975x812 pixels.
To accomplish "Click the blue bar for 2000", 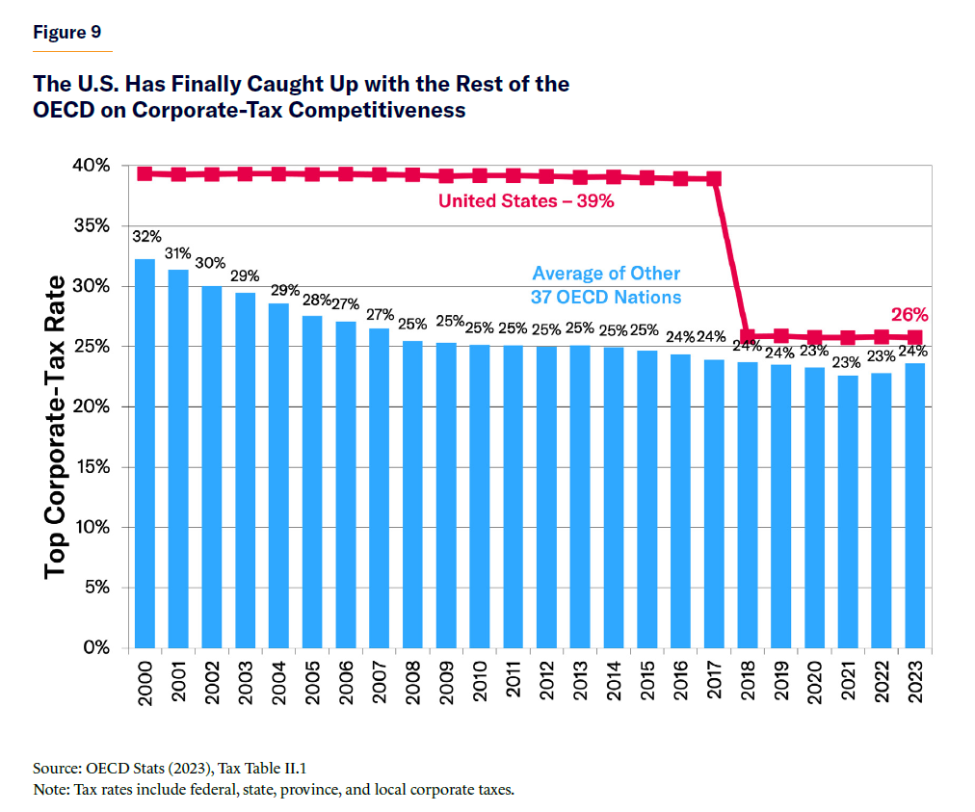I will click(145, 453).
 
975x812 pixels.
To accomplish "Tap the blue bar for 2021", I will click(848, 511).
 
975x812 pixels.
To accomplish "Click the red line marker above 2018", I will click(748, 336).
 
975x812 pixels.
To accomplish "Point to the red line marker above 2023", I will click(914, 337).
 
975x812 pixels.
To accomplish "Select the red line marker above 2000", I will click(145, 173).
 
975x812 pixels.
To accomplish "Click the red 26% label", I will click(909, 314).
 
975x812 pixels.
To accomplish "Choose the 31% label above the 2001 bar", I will click(177, 253).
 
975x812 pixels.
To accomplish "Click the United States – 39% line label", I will click(526, 201).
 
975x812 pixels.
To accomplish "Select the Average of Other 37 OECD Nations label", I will click(606, 284).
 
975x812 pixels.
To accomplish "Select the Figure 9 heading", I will click(66, 32).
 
